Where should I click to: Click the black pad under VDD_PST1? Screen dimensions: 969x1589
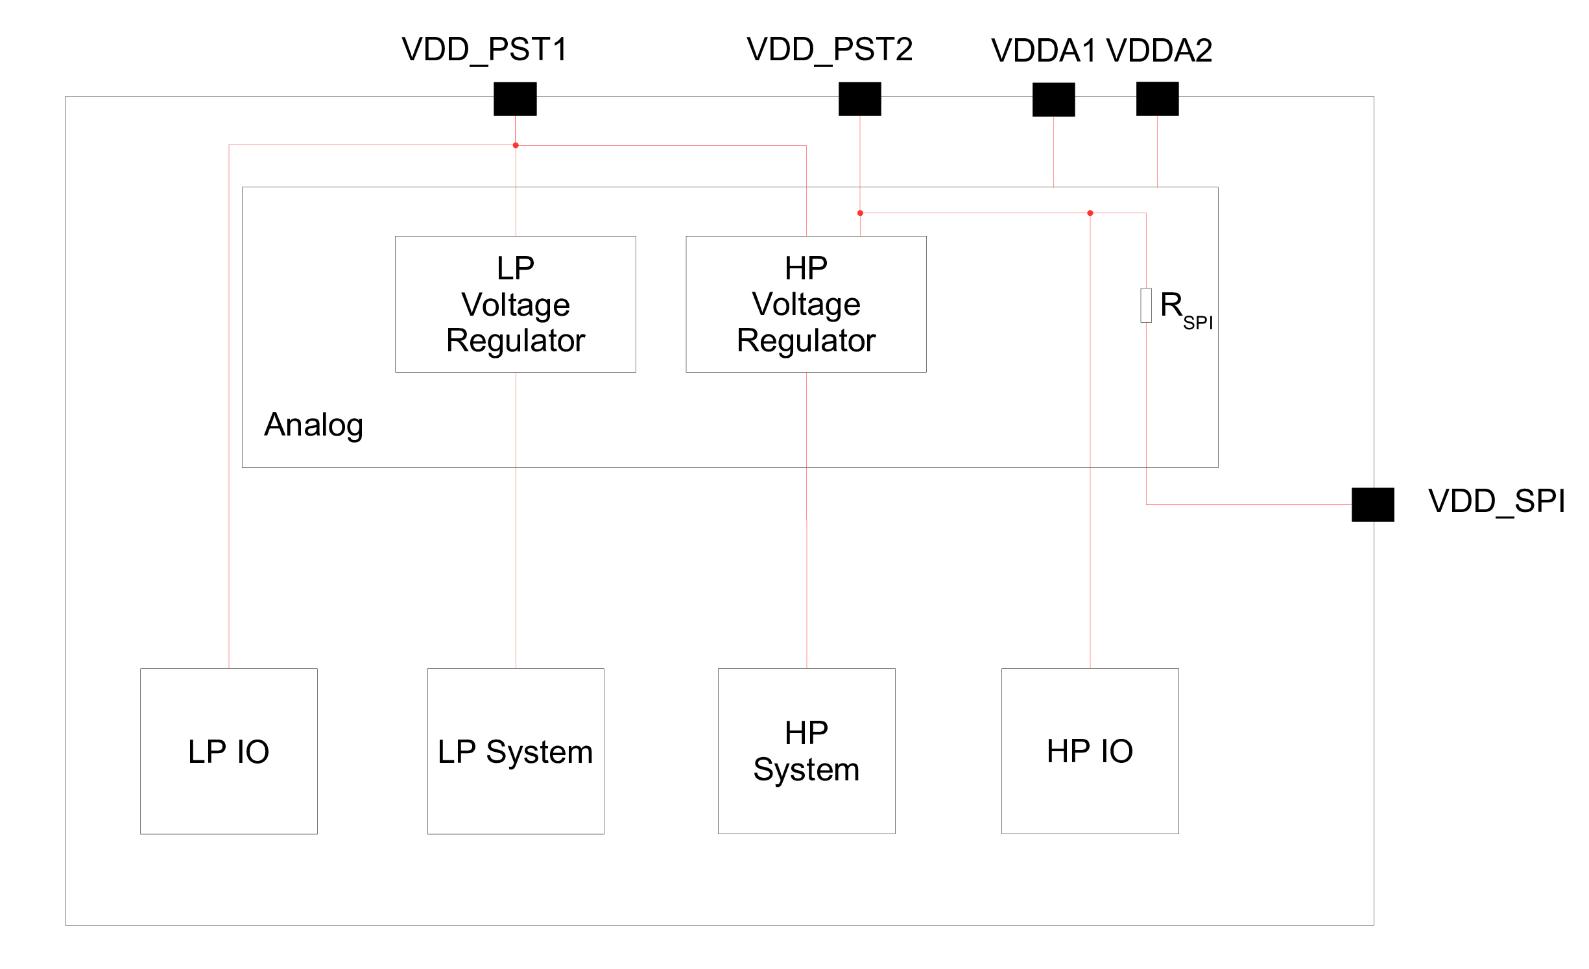pyautogui.click(x=515, y=99)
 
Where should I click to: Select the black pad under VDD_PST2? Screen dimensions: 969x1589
pyautogui.click(x=859, y=99)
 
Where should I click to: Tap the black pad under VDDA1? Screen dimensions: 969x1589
pyautogui.click(x=1053, y=99)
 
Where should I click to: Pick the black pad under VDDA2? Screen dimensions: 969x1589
pyautogui.click(x=1157, y=99)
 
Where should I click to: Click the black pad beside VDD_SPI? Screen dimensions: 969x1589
pyautogui.click(x=1372, y=504)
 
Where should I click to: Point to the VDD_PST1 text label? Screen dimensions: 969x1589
pyautogui.click(x=484, y=49)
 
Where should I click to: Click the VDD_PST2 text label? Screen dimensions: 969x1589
pyautogui.click(x=830, y=49)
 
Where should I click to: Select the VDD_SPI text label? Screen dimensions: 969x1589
pyautogui.click(x=1496, y=501)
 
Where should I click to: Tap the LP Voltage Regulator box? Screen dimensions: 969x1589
pyautogui.click(x=515, y=304)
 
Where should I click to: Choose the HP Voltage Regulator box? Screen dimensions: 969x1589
pyautogui.click(x=806, y=304)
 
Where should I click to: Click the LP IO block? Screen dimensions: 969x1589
pyautogui.click(x=228, y=751)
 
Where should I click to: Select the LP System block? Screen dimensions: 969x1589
pyautogui.click(x=515, y=751)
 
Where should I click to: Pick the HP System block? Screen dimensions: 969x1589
pyautogui.click(x=806, y=751)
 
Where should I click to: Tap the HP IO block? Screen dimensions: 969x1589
pyautogui.click(x=1090, y=751)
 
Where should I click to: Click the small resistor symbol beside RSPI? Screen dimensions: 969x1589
pyautogui.click(x=1146, y=305)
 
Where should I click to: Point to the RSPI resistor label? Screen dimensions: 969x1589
pyautogui.click(x=1186, y=309)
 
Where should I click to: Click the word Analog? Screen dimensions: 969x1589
pyautogui.click(x=313, y=425)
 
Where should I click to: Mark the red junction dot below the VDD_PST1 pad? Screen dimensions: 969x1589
pyautogui.click(x=516, y=145)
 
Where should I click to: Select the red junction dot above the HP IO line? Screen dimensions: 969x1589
pyautogui.click(x=1090, y=213)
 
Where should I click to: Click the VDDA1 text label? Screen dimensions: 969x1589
pyautogui.click(x=1043, y=51)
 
